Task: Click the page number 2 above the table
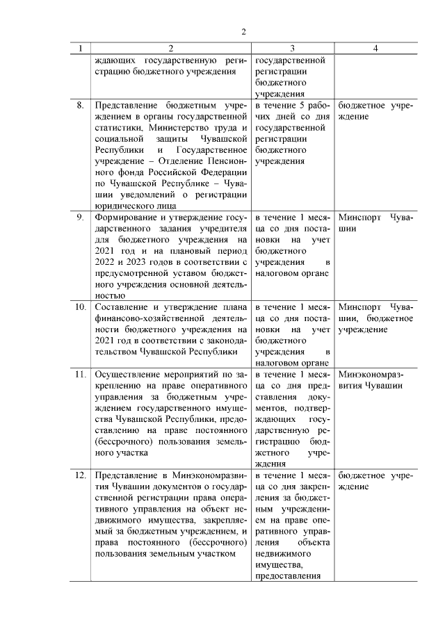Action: (x=244, y=32)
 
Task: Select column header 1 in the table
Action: (x=81, y=49)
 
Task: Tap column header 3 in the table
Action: (x=292, y=49)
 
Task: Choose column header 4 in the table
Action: (x=375, y=49)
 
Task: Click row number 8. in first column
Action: (x=81, y=106)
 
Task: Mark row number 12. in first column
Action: (x=81, y=475)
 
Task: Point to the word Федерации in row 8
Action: (x=225, y=172)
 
